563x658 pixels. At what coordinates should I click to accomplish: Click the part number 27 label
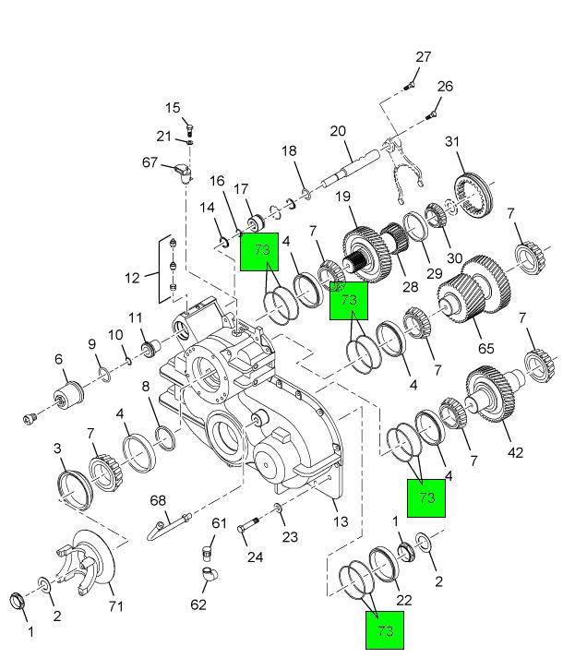click(423, 57)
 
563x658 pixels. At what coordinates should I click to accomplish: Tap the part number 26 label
click(445, 87)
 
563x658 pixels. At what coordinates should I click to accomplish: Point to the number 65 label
click(485, 349)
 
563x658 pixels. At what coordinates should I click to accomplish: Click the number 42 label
click(515, 452)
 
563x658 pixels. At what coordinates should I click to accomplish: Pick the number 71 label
click(115, 605)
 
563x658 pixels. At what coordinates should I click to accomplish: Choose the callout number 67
click(150, 162)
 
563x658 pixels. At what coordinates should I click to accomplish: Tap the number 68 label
click(159, 501)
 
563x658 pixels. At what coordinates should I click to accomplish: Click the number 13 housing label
click(341, 521)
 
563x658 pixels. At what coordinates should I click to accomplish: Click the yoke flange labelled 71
click(88, 561)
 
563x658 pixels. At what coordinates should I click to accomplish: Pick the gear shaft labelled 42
click(496, 395)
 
